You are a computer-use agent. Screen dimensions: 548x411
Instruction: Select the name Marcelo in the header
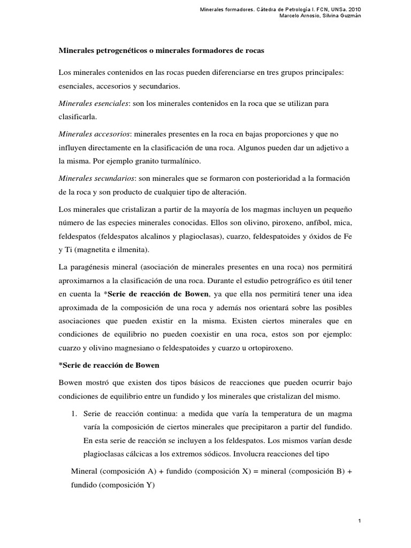pos(290,15)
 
